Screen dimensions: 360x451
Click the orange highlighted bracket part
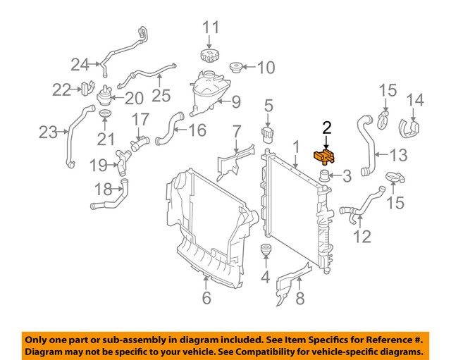pos(326,156)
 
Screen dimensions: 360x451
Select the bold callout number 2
pos(326,128)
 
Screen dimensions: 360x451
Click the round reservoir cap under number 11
pos(211,54)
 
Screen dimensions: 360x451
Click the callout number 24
pos(80,65)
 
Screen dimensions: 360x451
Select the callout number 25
pos(161,94)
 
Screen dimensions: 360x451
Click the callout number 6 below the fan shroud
pos(206,299)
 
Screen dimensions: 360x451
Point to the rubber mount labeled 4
pos(266,252)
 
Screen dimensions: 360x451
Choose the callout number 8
pos(299,299)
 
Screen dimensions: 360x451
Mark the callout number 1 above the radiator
pos(297,147)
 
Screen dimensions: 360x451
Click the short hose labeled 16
pos(166,129)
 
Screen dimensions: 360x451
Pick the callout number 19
pos(98,166)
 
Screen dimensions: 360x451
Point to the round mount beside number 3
pos(325,176)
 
